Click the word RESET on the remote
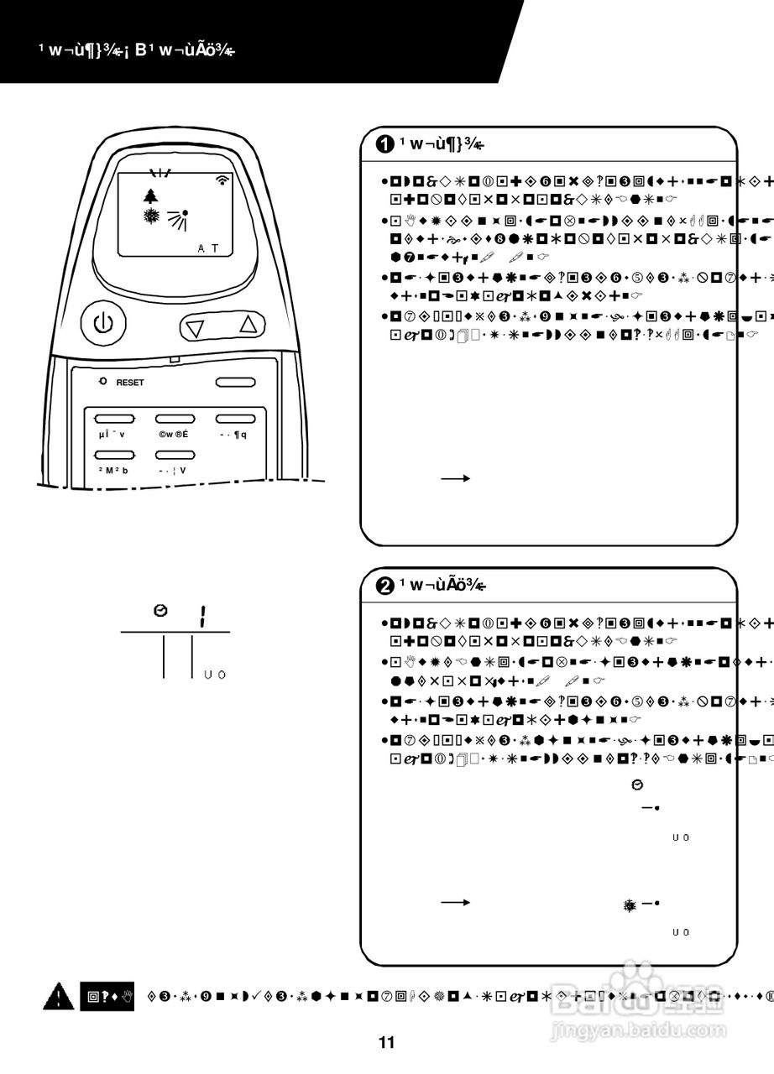coord(130,383)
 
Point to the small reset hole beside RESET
coord(102,382)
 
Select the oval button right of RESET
coord(235,383)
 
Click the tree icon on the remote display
coord(150,196)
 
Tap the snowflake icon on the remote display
coord(151,216)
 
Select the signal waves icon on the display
coord(222,179)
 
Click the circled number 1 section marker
coord(384,144)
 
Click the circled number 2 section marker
coord(384,586)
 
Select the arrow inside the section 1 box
coord(455,478)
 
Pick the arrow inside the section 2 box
coord(455,903)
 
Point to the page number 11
coord(386,1043)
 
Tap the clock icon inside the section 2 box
coord(636,785)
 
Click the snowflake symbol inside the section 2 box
coord(630,905)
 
